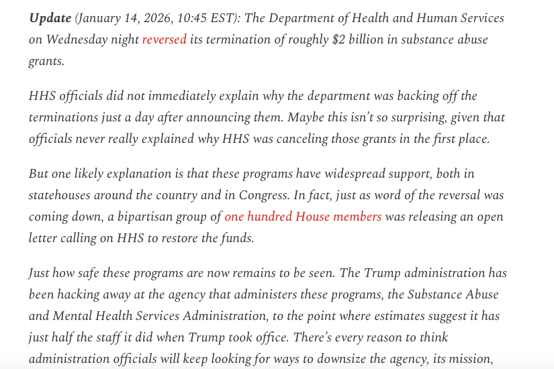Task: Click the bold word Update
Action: click(50, 18)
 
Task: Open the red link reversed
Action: click(164, 40)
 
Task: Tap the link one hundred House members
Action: click(303, 217)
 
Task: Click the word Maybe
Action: click(306, 117)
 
